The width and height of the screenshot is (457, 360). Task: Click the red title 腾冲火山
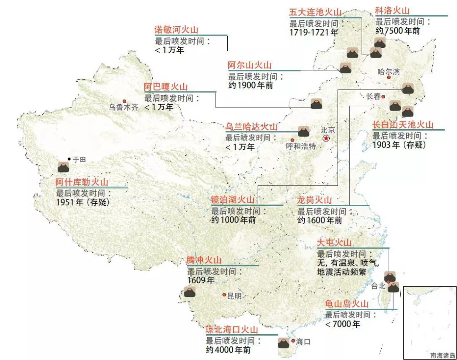pos(204,260)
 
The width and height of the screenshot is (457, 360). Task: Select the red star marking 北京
pos(326,138)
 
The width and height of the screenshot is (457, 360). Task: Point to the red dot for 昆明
pos(224,295)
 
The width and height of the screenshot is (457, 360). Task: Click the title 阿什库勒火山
pos(82,183)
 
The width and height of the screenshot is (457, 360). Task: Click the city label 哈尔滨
pos(388,71)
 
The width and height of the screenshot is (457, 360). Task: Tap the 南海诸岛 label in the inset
pos(443,356)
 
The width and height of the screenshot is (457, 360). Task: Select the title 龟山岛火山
pos(346,304)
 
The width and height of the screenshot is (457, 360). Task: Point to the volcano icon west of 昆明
pos(190,292)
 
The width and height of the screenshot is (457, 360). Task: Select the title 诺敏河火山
pos(176,30)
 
